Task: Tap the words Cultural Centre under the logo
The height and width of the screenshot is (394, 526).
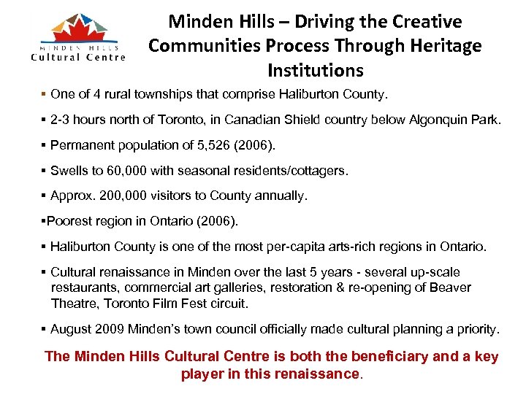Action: (78, 57)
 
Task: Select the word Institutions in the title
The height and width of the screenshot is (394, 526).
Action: (315, 71)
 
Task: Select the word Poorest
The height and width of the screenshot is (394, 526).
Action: (70, 220)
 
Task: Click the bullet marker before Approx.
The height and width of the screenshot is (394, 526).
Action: (44, 196)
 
